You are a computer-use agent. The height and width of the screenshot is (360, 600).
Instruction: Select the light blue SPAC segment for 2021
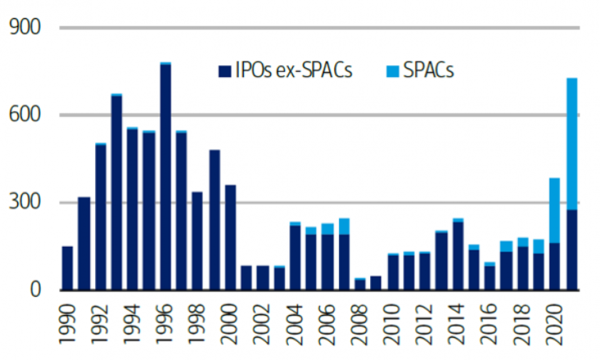(571, 144)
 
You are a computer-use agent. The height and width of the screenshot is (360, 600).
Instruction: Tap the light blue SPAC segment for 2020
(554, 210)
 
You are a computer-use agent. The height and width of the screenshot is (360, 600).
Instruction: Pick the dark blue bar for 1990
(67, 268)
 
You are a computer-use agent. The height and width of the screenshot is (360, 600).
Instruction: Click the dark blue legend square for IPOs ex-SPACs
(224, 71)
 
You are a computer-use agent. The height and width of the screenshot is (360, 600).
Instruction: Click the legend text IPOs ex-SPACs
(294, 71)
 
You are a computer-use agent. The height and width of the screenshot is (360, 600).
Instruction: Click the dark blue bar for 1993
(116, 193)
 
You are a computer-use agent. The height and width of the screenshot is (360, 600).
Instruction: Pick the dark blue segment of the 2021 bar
(571, 250)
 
